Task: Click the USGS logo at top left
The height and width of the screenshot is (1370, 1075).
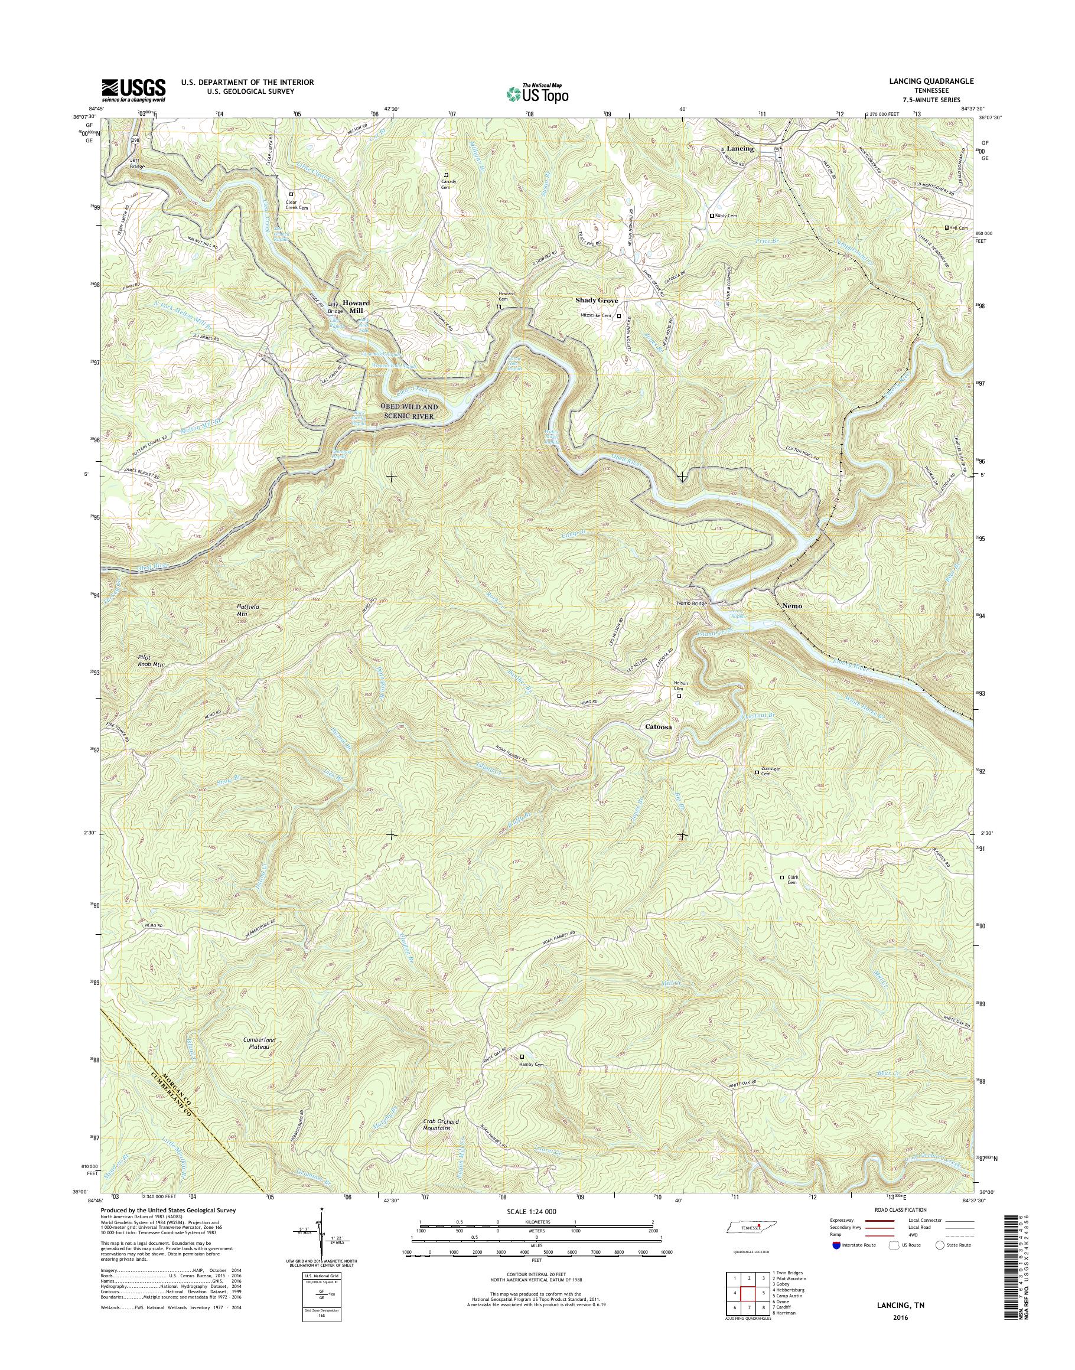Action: click(133, 90)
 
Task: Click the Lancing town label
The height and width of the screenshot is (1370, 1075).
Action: click(740, 149)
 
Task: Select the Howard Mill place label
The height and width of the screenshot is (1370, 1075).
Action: click(356, 306)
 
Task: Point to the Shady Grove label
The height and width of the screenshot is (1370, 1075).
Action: click(597, 301)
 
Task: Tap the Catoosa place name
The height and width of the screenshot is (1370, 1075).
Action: click(659, 726)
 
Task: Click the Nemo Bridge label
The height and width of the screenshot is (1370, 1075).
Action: click(692, 604)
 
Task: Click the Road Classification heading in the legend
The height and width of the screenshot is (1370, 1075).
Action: click(900, 1209)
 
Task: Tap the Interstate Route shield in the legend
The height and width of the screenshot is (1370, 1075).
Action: click(835, 1245)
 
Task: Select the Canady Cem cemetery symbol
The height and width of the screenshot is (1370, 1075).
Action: click(446, 175)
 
